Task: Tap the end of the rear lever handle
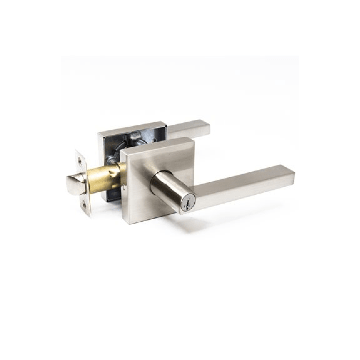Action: (x=206, y=127)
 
